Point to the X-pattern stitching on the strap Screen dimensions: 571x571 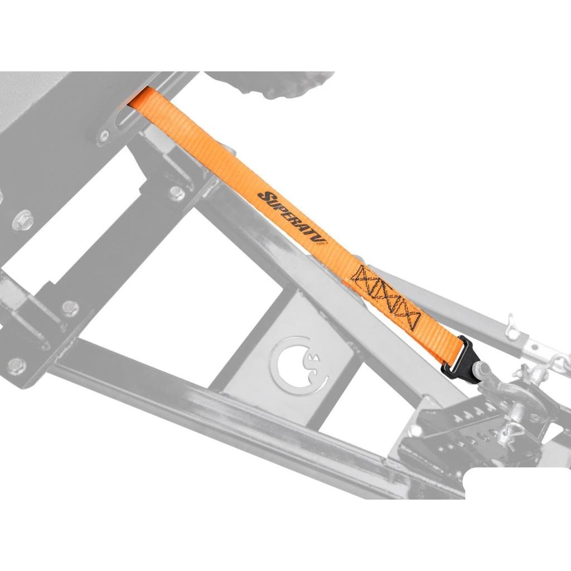pos(387,297)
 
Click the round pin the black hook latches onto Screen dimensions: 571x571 pos(483,369)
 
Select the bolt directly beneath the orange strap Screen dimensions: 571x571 pos(176,193)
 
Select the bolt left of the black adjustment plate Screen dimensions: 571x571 pos(415,430)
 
